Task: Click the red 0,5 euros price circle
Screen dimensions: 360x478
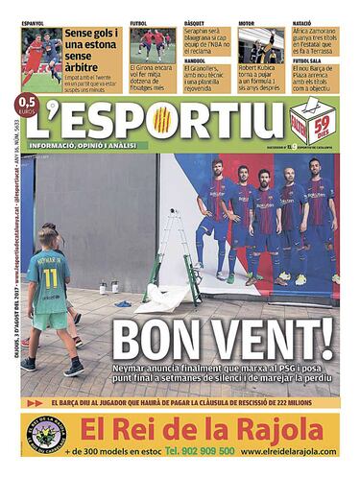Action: pyautogui.click(x=27, y=128)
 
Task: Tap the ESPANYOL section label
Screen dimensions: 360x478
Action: pyautogui.click(x=33, y=22)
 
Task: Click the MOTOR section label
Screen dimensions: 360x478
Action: pyautogui.click(x=248, y=22)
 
